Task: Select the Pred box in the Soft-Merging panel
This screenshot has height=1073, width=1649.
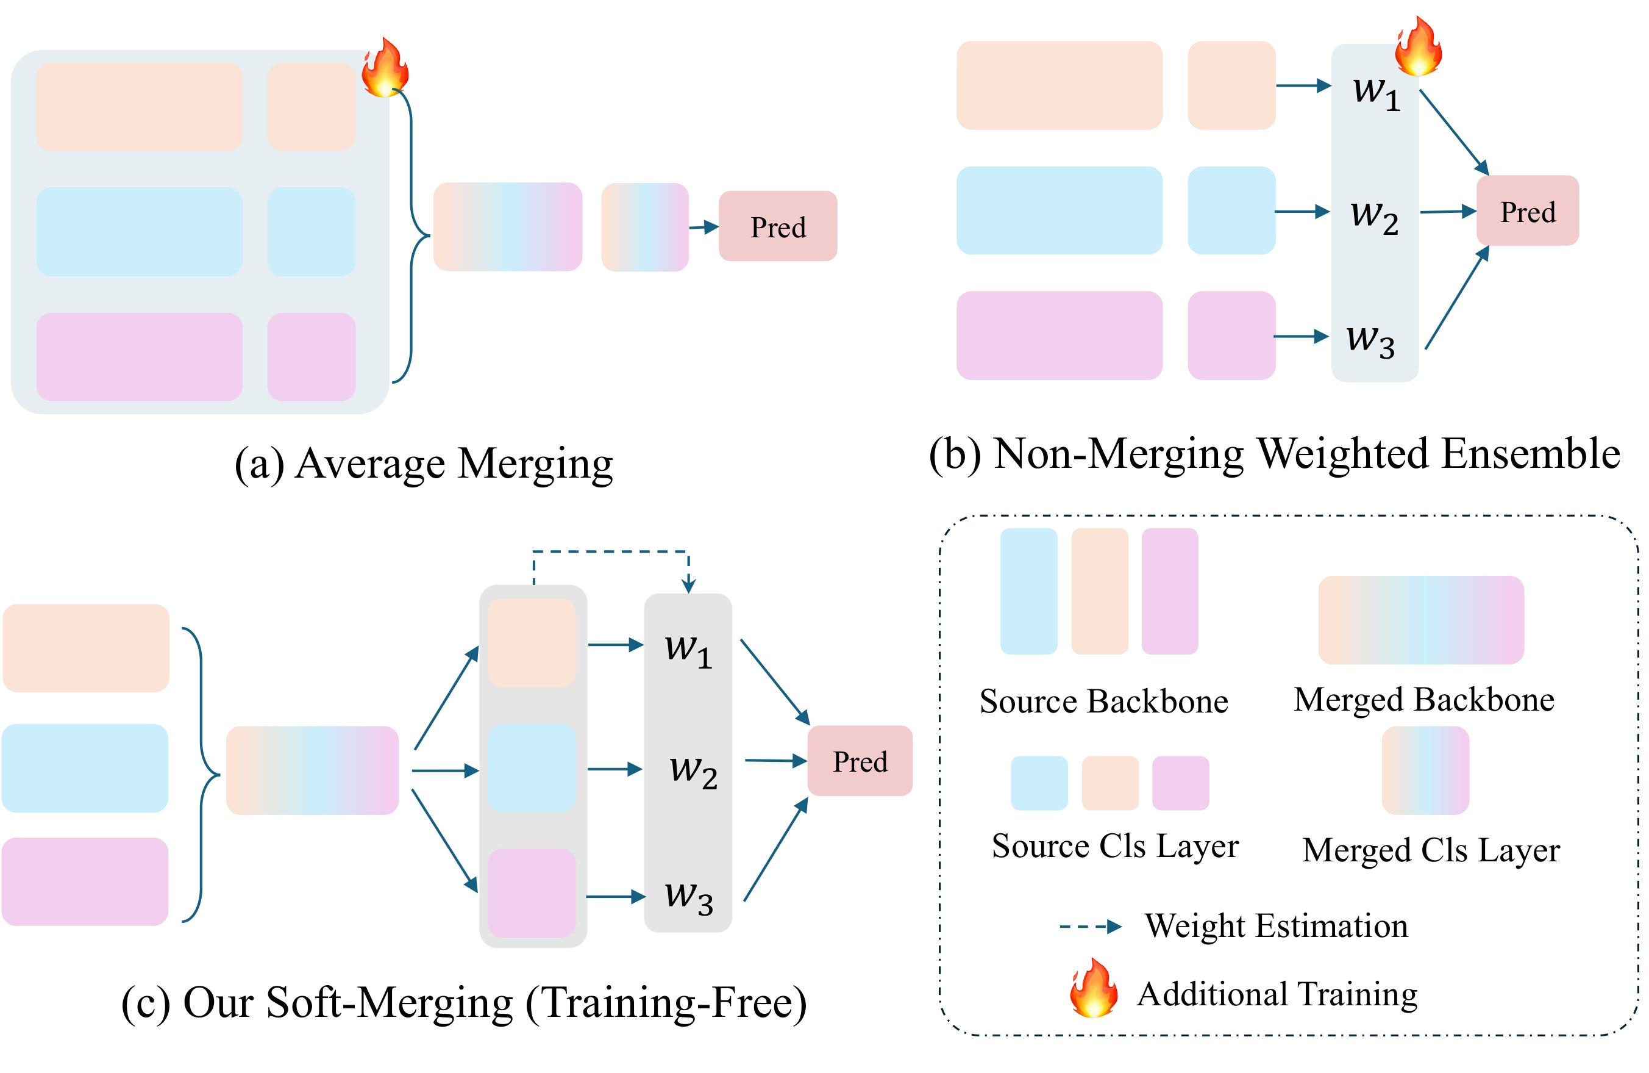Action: point(859,761)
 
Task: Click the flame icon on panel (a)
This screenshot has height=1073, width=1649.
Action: point(385,67)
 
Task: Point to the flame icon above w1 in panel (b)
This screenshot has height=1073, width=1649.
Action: point(1417,46)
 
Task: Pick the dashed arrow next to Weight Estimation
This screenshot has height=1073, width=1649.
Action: point(1090,927)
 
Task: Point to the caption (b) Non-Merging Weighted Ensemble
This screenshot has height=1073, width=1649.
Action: point(1273,454)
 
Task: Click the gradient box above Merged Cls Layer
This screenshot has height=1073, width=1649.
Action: point(1425,770)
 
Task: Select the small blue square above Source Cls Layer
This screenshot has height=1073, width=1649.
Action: point(1039,783)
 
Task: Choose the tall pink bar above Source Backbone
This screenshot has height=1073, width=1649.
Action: point(1170,590)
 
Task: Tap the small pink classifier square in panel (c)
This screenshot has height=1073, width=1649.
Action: point(532,893)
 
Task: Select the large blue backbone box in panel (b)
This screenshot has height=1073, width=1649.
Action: point(1059,210)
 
